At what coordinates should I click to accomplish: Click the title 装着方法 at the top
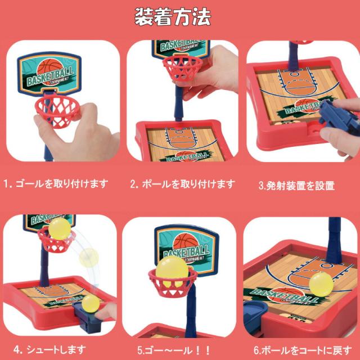(173, 17)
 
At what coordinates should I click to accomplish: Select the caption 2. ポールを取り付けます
(182, 184)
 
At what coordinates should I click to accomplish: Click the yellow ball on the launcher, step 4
(90, 304)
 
